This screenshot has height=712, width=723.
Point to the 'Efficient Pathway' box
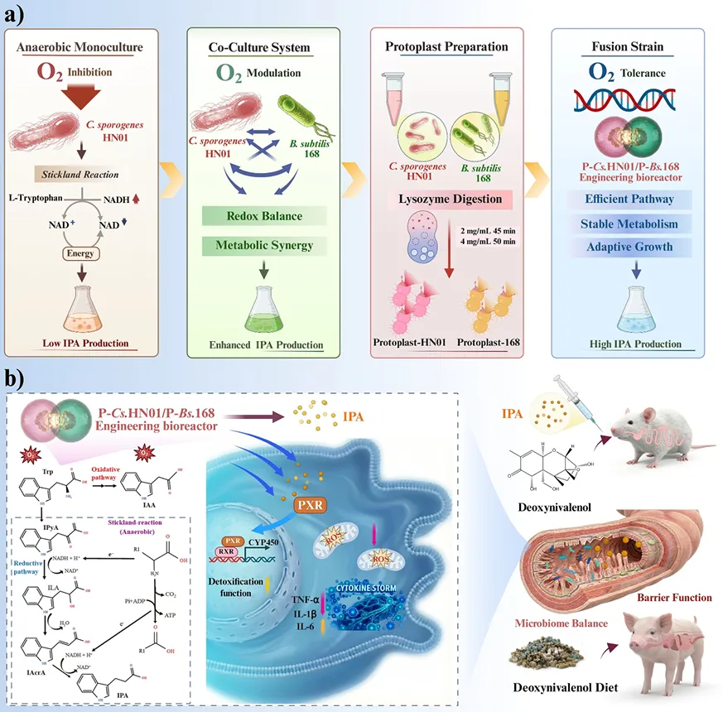tap(629, 199)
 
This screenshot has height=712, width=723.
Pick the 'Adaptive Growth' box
tap(629, 248)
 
